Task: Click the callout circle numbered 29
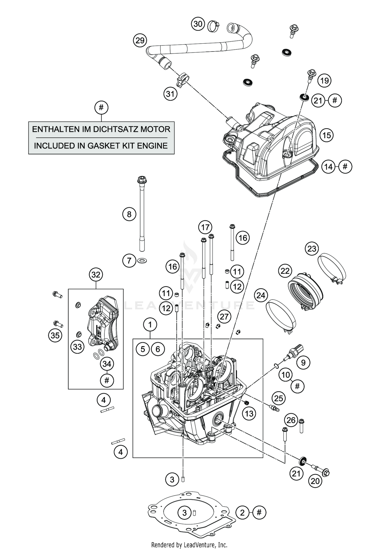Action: pos(140,40)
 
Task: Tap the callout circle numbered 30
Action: pos(198,24)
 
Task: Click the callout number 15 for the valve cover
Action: pos(327,135)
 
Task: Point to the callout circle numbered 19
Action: pos(324,81)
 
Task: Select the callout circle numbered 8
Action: pos(129,214)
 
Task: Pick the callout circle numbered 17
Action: pos(205,227)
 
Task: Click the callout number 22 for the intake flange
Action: pos(285,271)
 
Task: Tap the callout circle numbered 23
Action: pos(312,249)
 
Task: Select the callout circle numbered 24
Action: pos(261,295)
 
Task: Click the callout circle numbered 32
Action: pos(96,274)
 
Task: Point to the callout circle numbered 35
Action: pos(55,335)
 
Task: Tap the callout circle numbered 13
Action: pos(249,413)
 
